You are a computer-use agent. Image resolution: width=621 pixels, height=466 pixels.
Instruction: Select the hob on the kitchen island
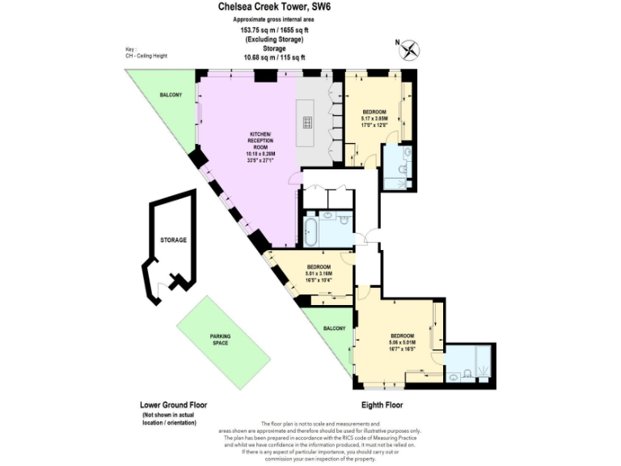(308, 123)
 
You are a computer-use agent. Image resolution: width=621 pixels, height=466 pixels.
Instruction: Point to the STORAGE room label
(173, 240)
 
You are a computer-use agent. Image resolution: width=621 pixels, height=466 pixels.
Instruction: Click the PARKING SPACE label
(220, 340)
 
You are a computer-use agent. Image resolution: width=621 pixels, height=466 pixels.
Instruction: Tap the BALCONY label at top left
(170, 95)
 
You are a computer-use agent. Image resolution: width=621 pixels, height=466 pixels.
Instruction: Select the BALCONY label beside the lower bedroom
(334, 328)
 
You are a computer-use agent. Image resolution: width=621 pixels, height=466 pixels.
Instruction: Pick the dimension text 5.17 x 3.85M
(374, 118)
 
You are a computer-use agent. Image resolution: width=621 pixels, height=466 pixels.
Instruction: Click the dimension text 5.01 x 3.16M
(319, 273)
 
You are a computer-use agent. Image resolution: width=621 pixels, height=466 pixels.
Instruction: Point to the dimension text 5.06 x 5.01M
(402, 342)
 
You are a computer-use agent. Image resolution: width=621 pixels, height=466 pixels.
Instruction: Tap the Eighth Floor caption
(381, 405)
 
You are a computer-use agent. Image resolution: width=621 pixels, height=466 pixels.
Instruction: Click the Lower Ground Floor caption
(173, 405)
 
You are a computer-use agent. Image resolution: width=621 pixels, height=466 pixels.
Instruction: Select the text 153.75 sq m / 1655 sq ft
(274, 29)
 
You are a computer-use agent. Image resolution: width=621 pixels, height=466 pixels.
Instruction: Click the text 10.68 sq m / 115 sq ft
(274, 57)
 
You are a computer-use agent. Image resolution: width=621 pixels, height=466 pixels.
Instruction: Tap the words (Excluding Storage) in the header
(274, 39)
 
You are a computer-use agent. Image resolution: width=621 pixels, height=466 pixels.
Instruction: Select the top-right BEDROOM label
(374, 111)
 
